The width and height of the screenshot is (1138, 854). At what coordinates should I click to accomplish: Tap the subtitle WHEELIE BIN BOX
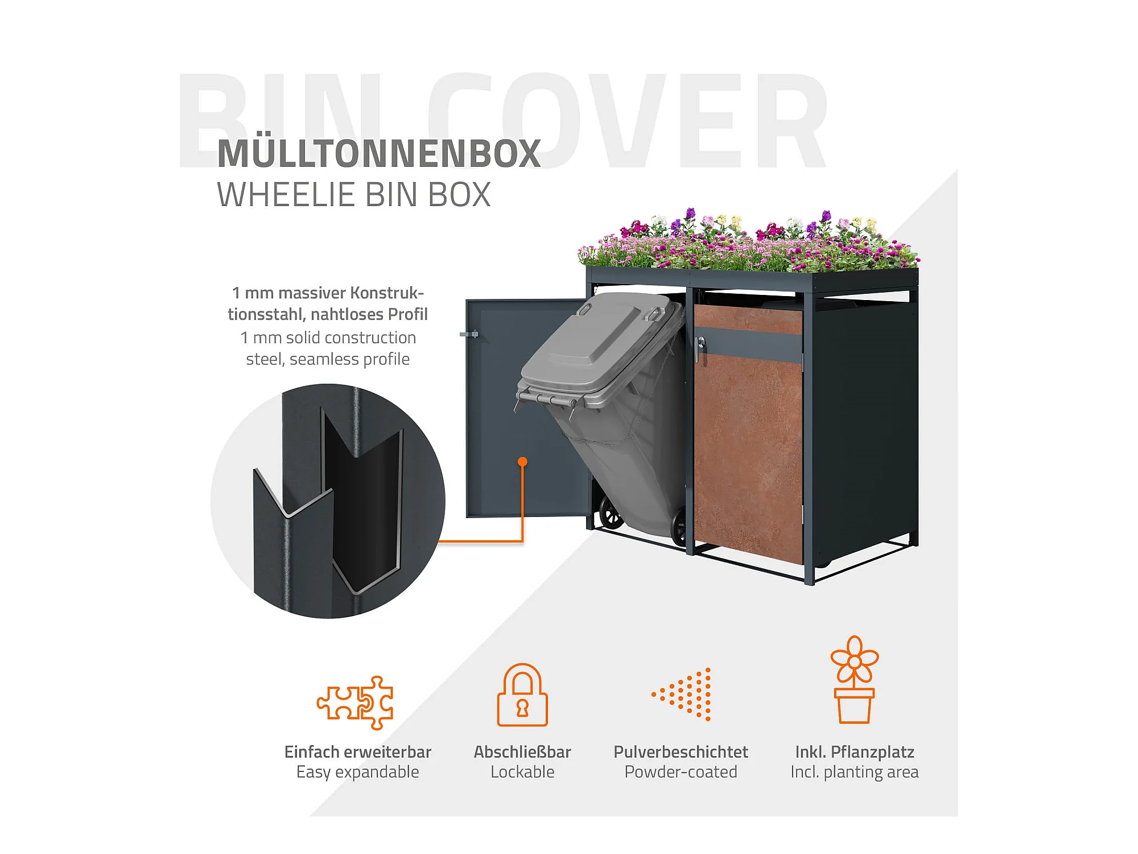point(353,195)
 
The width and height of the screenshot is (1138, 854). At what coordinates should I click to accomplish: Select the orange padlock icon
point(522,695)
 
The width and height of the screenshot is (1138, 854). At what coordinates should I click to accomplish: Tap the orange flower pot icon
point(854,680)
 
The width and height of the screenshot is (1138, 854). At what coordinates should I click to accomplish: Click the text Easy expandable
point(357,772)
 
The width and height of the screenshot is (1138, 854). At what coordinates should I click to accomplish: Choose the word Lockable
point(522,772)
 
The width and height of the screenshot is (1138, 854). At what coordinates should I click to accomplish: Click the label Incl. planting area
point(854,772)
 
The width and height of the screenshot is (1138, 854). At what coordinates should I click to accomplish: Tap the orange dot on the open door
point(522,462)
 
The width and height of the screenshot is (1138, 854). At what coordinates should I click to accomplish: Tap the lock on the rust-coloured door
point(701,343)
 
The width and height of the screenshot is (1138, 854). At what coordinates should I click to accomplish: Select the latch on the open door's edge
point(469,334)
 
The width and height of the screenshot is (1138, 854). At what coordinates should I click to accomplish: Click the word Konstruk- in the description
point(387,293)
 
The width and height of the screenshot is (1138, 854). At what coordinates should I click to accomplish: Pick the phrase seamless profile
point(349,359)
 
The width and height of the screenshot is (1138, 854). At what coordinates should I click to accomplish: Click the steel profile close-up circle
point(328,501)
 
